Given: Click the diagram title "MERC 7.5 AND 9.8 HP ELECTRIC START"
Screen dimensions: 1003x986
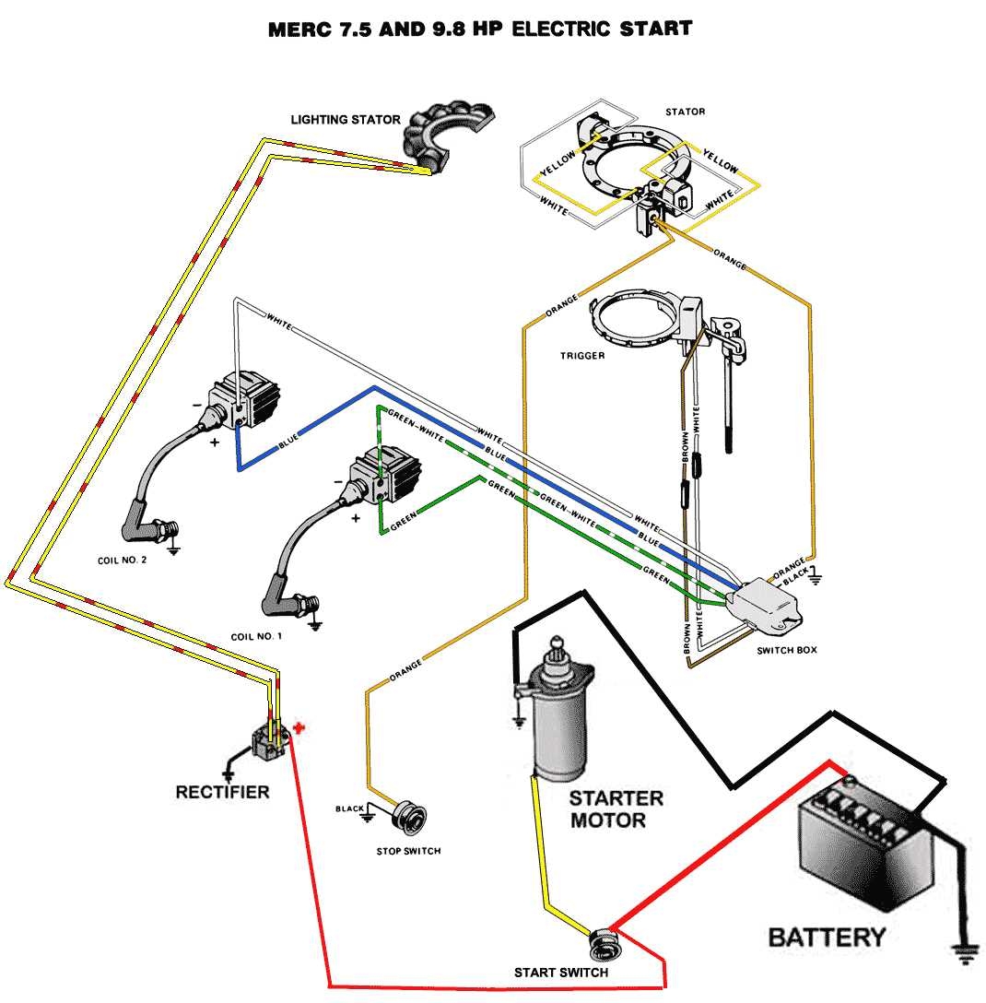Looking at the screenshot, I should click(x=479, y=29).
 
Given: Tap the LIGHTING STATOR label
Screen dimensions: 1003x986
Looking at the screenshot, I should click(x=346, y=119).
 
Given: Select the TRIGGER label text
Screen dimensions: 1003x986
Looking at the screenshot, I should click(x=582, y=355).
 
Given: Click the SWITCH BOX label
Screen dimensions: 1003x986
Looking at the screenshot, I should click(x=786, y=650).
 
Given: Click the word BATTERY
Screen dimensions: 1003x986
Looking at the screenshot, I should click(x=827, y=938).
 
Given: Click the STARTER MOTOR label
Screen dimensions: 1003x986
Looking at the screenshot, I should click(x=616, y=808).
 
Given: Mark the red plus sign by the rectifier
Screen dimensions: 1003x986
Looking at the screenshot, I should click(x=298, y=728).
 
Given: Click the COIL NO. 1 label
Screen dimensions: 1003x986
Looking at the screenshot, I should click(x=256, y=637).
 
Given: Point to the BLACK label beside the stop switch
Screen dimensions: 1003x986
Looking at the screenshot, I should click(x=350, y=809).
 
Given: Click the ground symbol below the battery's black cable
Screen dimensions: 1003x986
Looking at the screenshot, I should click(x=965, y=954).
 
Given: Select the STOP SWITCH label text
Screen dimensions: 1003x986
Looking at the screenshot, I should click(x=408, y=850).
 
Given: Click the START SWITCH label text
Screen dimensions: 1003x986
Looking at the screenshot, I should click(x=561, y=973).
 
